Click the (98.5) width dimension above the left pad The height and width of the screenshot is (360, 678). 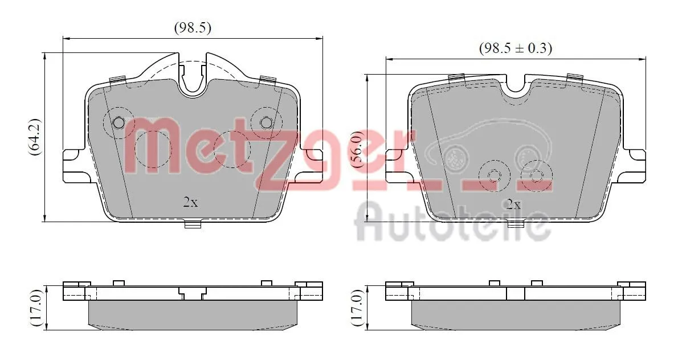[x=192, y=28]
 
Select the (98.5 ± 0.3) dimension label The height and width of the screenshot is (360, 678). [x=515, y=48]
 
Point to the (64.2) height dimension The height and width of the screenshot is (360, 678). [x=34, y=137]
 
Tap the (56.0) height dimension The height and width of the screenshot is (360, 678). [x=356, y=148]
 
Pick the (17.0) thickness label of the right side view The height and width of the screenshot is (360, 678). [x=356, y=308]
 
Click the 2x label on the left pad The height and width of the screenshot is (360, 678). [x=190, y=202]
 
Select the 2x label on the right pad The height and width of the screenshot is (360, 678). [x=513, y=204]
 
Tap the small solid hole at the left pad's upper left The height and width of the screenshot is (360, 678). [x=119, y=122]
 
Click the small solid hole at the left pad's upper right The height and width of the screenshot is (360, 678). [x=266, y=122]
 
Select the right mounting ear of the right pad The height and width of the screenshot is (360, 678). [x=634, y=166]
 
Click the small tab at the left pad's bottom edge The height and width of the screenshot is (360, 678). [x=193, y=224]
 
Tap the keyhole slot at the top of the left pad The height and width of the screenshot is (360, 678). [x=193, y=77]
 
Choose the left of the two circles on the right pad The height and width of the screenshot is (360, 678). [x=493, y=175]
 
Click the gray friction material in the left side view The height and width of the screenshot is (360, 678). [x=193, y=314]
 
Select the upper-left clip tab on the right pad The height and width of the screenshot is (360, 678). [x=456, y=77]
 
